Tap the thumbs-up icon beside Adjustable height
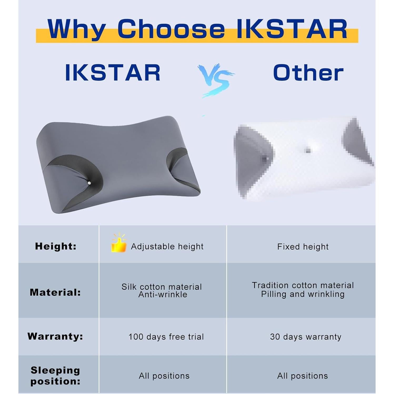click(x=119, y=243)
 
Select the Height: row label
click(x=56, y=246)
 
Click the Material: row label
click(x=55, y=292)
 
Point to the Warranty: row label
click(x=55, y=336)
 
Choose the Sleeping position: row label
click(x=55, y=376)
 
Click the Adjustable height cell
click(x=167, y=247)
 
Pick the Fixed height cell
click(x=303, y=247)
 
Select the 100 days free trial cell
click(x=166, y=337)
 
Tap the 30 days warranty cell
click(x=306, y=337)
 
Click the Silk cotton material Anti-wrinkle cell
click(x=162, y=291)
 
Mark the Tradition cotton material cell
click(x=303, y=290)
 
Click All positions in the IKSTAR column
click(x=164, y=376)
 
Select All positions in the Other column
click(x=303, y=376)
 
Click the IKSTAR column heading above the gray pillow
click(x=113, y=73)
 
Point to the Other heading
click(x=308, y=73)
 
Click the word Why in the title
click(x=77, y=29)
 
